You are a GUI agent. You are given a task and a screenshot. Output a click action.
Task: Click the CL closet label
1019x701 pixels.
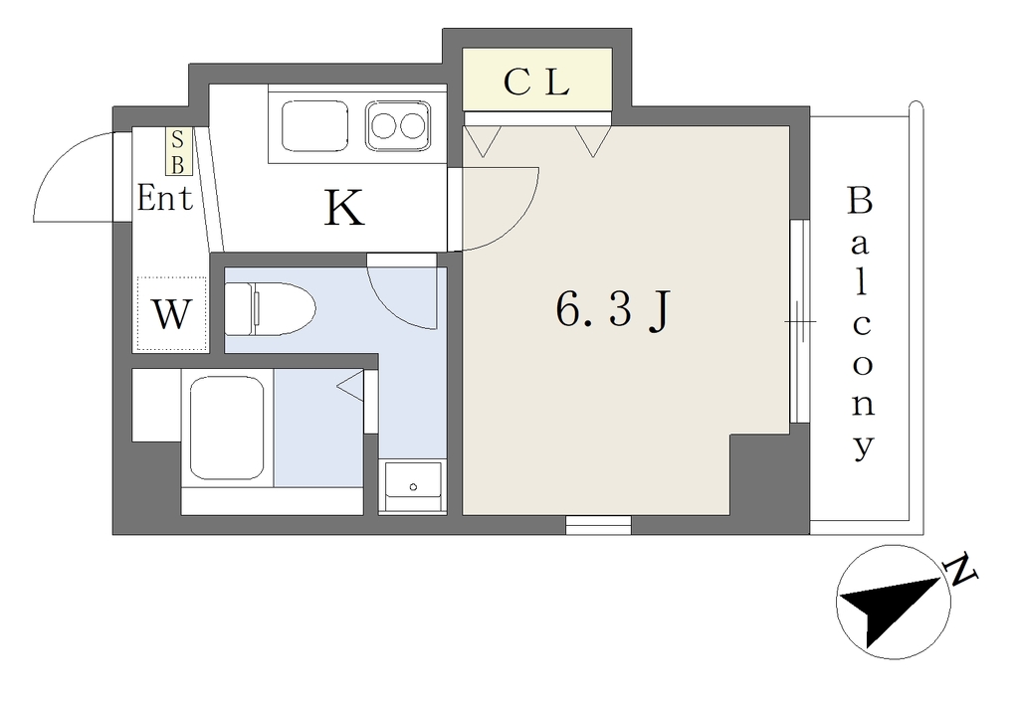pos(536,83)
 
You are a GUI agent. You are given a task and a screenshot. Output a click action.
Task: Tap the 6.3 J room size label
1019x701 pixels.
pos(612,310)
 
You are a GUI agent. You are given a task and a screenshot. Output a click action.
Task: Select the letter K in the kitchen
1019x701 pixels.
pos(343,207)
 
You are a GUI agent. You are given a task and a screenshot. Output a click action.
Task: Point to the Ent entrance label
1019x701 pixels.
pos(165,198)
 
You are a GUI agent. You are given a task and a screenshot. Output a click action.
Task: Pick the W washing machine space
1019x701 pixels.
pos(171,315)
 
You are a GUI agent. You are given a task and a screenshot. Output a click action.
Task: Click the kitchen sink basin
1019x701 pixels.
pos(315,125)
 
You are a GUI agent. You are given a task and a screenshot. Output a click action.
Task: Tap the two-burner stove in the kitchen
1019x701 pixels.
pos(398,125)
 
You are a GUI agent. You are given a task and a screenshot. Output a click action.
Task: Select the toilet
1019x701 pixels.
pos(269,308)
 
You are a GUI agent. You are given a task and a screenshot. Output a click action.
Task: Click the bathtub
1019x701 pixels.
pos(227,428)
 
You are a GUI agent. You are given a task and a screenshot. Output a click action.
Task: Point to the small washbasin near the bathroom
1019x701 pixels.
pos(413,486)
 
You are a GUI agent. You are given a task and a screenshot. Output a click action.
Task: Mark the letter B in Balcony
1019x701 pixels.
pos(860,201)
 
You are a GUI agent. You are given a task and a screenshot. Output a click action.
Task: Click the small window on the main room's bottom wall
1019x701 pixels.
pos(598,525)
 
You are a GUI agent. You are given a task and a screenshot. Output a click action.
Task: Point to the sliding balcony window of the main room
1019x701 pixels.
pos(800,321)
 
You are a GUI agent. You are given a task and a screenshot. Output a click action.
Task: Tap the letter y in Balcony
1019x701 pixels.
pos(863,446)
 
